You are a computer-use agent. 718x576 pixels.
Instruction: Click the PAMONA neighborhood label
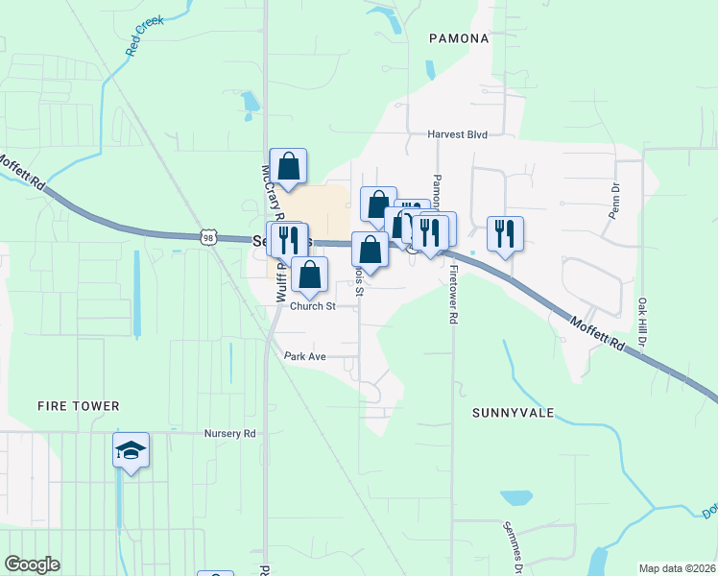point(460,39)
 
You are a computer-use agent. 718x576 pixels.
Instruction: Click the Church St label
point(313,306)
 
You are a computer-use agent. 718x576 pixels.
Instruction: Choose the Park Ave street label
point(305,356)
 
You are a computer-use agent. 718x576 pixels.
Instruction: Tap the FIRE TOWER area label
point(79,406)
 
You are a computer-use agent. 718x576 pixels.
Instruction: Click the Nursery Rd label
point(230,433)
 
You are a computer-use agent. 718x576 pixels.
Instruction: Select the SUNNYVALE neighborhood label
point(515,412)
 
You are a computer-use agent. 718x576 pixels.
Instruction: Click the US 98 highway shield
point(209,237)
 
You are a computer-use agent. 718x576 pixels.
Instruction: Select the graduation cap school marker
point(131,449)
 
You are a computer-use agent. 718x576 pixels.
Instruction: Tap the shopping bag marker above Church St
point(309,275)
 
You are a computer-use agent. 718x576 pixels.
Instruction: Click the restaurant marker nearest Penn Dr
point(505,232)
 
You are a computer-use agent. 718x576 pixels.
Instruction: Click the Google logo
point(32,564)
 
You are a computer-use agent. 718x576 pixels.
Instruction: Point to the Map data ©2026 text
point(677,568)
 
